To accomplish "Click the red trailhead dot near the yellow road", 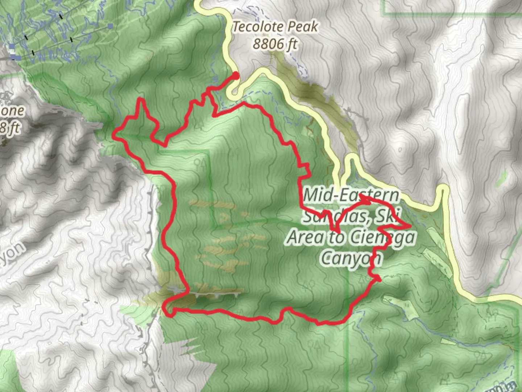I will (236, 75).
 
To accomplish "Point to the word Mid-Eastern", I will (351, 196).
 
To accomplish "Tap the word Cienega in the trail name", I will (383, 238).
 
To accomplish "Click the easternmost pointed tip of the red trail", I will (410, 226).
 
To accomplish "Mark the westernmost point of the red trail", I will (113, 136).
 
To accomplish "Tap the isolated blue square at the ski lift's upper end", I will (110, 26).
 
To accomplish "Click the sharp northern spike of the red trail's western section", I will (141, 99).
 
